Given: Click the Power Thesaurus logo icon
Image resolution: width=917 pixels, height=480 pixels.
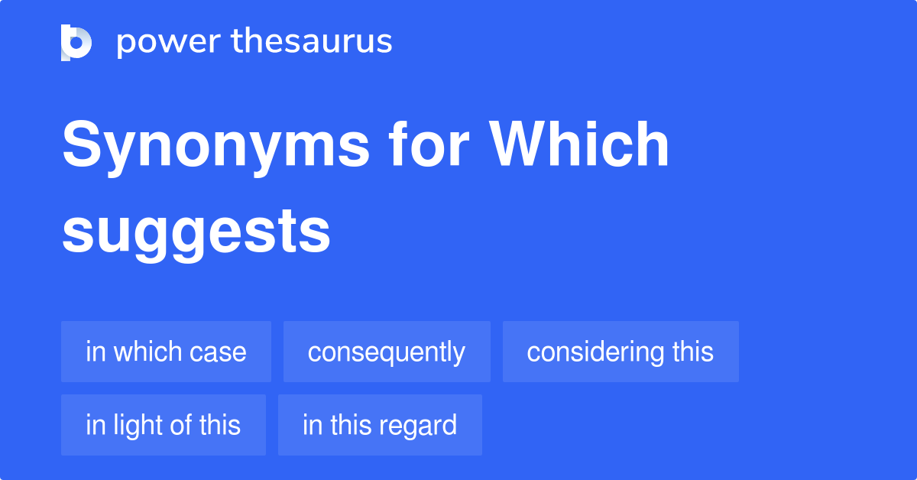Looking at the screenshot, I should [76, 42].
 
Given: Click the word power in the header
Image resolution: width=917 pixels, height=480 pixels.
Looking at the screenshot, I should [167, 42].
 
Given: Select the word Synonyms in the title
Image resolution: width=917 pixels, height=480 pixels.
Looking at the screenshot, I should [216, 145].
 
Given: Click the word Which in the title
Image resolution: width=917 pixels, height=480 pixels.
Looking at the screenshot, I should [580, 145].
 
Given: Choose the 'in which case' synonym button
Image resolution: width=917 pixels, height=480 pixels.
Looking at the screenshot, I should [166, 352].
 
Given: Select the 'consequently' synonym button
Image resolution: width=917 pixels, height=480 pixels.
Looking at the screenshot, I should [387, 352].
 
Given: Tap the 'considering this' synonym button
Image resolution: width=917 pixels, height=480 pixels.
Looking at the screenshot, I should [621, 352].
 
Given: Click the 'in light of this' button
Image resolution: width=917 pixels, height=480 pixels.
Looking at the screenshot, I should [164, 425].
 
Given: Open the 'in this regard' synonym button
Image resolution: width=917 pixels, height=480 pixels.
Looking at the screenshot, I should [380, 425].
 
